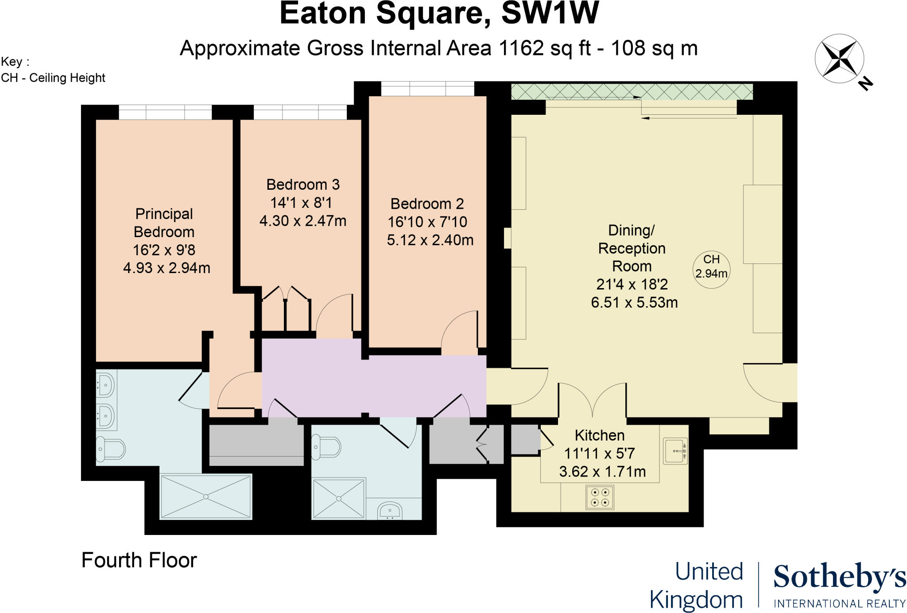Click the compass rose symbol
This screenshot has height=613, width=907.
tap(839, 59)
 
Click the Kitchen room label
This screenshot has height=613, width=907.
tap(600, 435)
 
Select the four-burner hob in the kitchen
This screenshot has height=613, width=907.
tap(600, 497)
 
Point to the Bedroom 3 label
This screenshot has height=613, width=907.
tap(303, 184)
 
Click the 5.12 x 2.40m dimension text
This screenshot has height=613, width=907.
tap(430, 240)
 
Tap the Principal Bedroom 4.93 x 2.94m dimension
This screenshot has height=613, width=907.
tap(167, 268)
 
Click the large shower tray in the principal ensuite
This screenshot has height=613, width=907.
tap(206, 496)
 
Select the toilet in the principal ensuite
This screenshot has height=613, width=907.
tap(111, 449)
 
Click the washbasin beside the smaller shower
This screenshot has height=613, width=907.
tap(390, 511)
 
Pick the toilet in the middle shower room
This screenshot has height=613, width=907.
tap(326, 447)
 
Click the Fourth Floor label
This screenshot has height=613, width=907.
tap(139, 560)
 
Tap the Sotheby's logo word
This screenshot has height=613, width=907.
tap(839, 578)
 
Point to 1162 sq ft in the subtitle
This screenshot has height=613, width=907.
tap(545, 48)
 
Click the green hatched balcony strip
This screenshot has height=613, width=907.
tap(632, 92)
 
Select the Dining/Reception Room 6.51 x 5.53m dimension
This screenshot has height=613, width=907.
tap(634, 303)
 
